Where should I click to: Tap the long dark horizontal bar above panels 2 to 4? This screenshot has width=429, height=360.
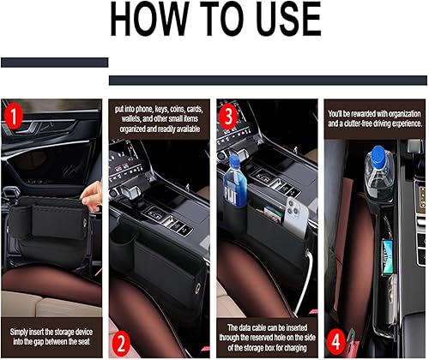click(268, 80)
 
